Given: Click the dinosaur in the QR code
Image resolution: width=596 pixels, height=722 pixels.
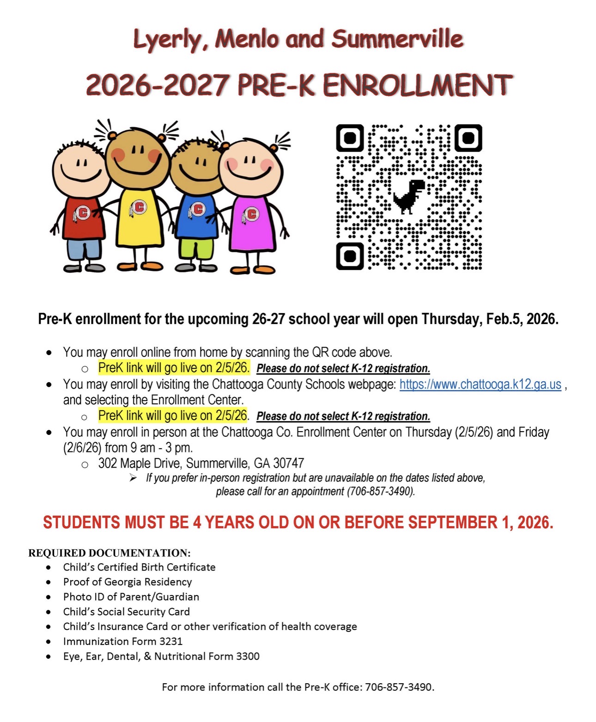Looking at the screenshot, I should (409, 196).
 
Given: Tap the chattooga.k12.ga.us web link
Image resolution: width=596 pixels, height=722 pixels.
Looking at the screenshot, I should (480, 385).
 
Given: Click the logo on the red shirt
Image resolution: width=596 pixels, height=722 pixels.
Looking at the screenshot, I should (82, 213).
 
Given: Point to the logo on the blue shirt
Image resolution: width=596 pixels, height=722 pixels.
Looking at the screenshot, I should (197, 210).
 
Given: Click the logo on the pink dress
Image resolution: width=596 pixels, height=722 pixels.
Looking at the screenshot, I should (251, 214).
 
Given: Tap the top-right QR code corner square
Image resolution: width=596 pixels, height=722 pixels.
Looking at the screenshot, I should (468, 138).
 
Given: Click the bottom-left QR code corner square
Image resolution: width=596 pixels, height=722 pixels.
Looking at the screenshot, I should (350, 255).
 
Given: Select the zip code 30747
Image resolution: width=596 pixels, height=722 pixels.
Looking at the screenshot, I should (289, 463).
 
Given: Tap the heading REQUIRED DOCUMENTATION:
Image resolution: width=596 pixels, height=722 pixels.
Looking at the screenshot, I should (109, 553).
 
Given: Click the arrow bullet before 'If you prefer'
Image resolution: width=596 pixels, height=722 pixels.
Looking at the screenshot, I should (133, 478).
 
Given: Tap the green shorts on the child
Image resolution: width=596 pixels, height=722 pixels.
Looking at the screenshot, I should (195, 248).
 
